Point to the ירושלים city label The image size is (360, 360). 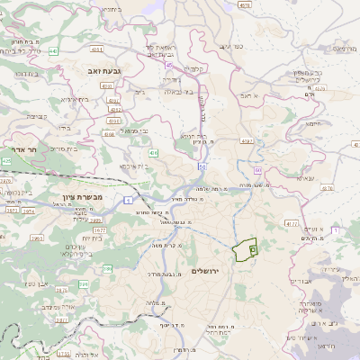[x=206, y=271]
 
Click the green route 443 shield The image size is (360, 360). [x=54, y=51]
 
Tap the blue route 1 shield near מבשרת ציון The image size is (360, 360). [x=129, y=200]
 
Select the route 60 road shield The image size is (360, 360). [x=257, y=169]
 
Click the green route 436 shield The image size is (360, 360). [x=153, y=154]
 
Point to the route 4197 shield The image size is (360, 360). [x=247, y=141]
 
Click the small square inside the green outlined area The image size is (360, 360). [x=252, y=247]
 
